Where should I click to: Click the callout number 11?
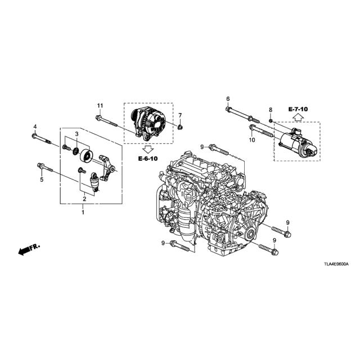(x=100, y=106)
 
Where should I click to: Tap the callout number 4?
(x=35, y=126)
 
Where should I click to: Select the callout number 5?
(x=42, y=179)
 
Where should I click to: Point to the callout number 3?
(x=77, y=134)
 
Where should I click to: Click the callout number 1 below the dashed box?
(x=83, y=213)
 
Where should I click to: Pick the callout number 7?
(x=180, y=115)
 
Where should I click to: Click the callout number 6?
(x=228, y=99)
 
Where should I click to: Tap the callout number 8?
(x=271, y=110)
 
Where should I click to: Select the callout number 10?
(x=252, y=139)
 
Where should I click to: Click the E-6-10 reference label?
(x=148, y=159)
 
